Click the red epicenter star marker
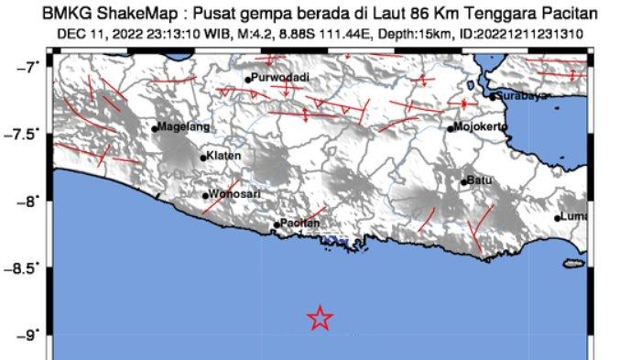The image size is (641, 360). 320,318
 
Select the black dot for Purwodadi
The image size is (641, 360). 248,80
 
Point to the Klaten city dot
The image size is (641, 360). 203,158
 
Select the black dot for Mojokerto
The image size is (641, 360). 451,127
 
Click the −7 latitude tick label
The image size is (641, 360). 30,67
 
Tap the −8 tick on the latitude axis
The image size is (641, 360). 30,201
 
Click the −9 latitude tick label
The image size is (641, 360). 30,334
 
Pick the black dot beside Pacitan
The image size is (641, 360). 277,224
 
